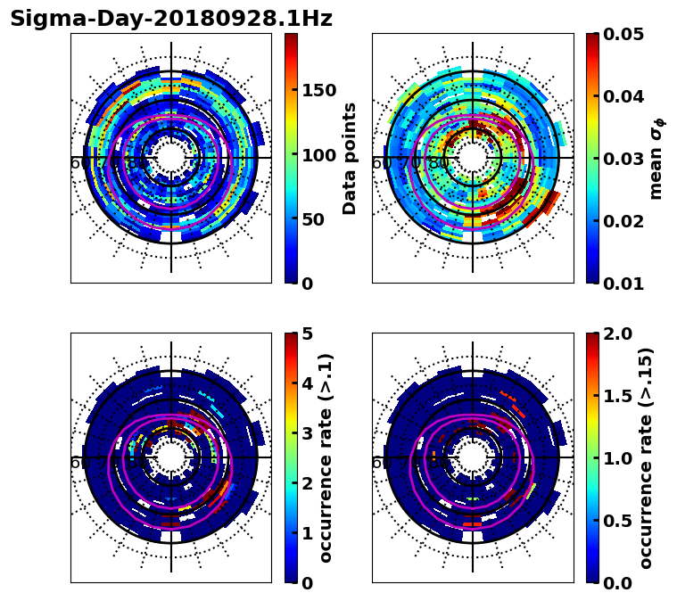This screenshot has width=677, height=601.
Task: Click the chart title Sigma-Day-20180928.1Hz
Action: (171, 19)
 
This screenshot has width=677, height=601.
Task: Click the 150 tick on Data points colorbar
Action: (318, 90)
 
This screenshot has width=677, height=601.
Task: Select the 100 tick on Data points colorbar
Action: (318, 154)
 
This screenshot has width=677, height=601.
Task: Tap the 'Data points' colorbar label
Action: (350, 158)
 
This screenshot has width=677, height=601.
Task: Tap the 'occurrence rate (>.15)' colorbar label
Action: (647, 458)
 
